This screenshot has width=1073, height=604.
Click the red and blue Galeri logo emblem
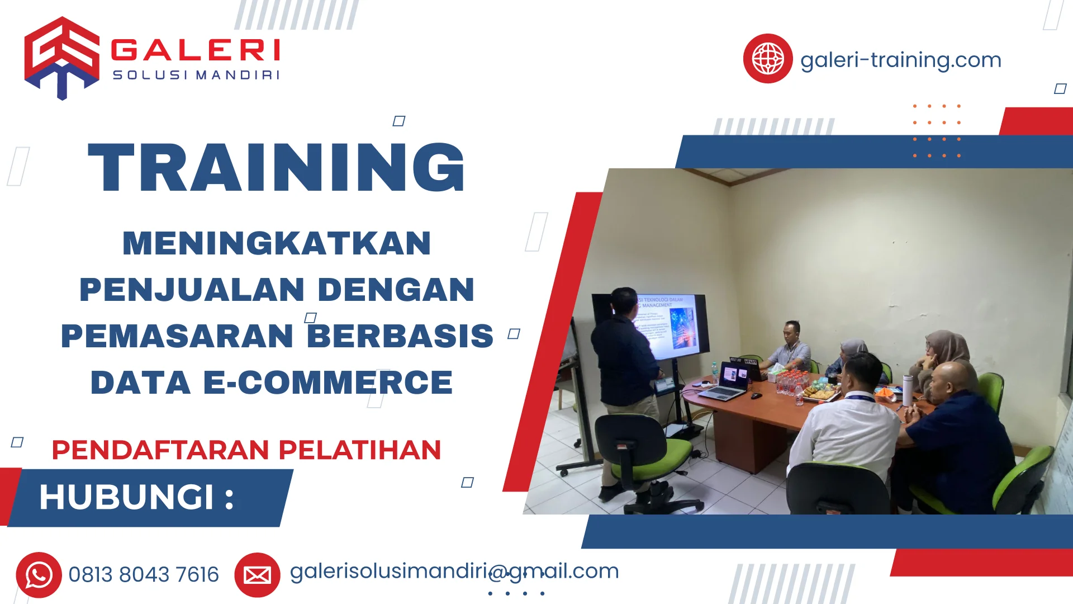tap(61, 58)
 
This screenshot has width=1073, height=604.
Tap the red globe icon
tap(767, 59)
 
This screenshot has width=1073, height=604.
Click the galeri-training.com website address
tap(900, 60)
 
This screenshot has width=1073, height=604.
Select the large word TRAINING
tap(277, 168)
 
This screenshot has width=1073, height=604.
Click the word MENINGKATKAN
tap(277, 244)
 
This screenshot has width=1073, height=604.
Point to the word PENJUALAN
tap(192, 290)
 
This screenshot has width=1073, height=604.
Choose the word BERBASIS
tap(400, 336)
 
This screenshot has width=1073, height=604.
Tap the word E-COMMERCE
tap(327, 383)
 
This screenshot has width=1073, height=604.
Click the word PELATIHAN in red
tap(359, 450)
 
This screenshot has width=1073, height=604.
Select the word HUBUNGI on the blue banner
tap(127, 497)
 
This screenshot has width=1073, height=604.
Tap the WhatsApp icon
tap(39, 574)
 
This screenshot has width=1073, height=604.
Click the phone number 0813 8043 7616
tap(144, 574)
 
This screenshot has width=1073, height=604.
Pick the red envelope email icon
tap(257, 574)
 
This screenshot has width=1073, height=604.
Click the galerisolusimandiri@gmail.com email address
tap(454, 571)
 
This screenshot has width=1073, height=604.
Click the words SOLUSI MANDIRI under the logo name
tap(196, 75)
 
